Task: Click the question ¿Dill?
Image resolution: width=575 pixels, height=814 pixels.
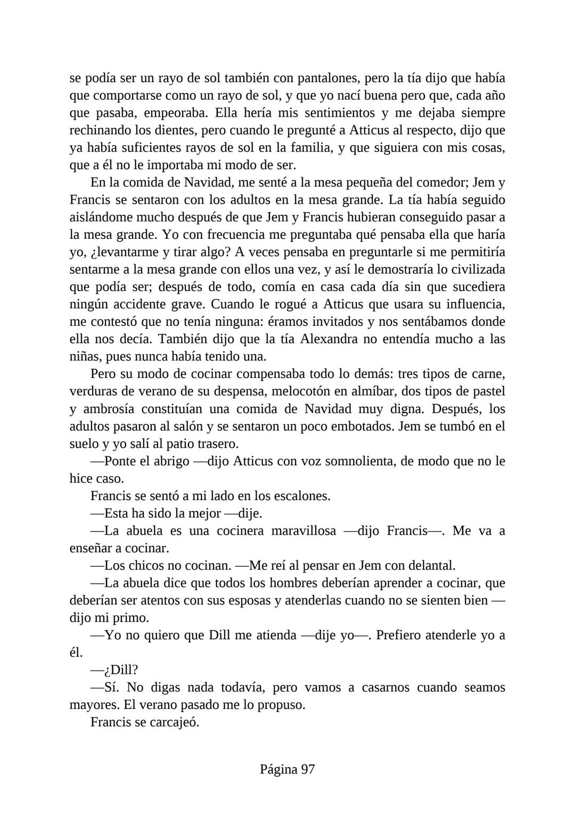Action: pyautogui.click(x=114, y=670)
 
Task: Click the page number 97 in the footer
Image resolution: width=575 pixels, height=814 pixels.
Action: pyautogui.click(x=308, y=769)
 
